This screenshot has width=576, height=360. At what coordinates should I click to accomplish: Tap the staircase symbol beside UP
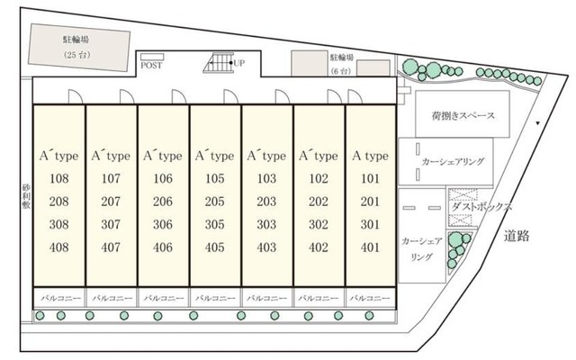(x=220, y=64)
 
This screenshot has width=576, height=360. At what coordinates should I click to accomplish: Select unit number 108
(x=59, y=178)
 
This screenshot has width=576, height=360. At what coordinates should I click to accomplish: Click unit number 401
(x=370, y=247)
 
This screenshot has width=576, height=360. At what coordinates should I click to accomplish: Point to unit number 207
(x=111, y=201)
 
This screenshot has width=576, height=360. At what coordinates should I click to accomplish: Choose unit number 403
(x=266, y=247)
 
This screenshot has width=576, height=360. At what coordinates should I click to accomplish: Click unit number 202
(x=318, y=201)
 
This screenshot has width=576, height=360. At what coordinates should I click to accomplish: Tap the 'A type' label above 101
(x=369, y=155)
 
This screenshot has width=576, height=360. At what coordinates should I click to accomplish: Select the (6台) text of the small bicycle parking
(x=341, y=69)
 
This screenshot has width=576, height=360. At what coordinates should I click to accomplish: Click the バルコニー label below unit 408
(x=59, y=296)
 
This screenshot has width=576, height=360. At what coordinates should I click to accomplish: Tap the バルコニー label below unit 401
(x=370, y=296)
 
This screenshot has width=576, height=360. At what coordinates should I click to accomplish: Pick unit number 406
(x=163, y=247)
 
